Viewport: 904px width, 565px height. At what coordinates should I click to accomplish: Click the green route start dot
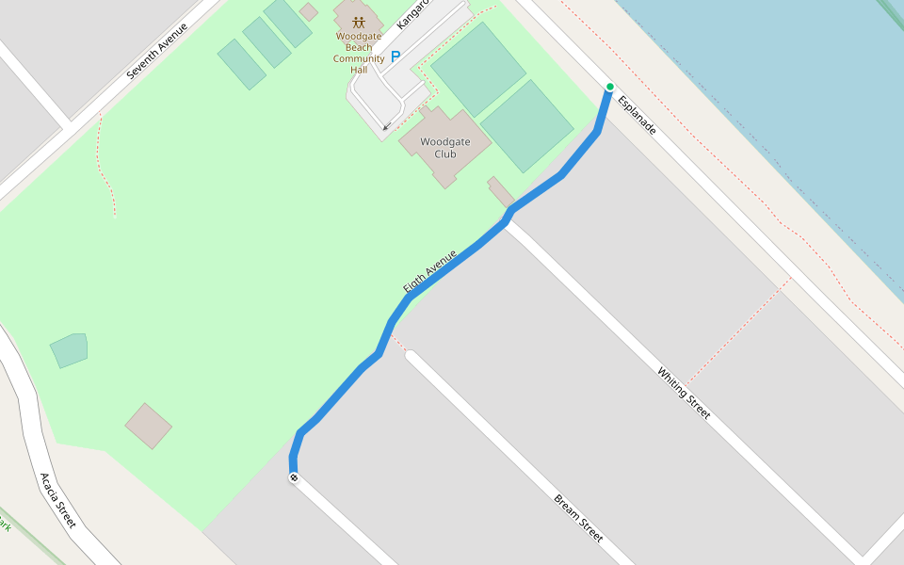click(x=609, y=87)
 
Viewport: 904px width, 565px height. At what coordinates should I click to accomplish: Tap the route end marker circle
click(x=294, y=478)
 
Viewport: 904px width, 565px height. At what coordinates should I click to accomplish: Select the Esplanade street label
click(x=637, y=113)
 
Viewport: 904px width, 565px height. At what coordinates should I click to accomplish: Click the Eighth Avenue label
click(x=429, y=271)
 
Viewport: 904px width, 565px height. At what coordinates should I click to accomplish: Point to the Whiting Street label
click(x=683, y=393)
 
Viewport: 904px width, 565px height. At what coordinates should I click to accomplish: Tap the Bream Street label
click(x=578, y=518)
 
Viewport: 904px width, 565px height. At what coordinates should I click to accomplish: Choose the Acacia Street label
click(x=57, y=500)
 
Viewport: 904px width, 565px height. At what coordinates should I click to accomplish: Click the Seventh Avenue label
click(x=157, y=50)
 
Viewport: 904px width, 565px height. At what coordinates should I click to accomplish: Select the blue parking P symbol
click(x=395, y=56)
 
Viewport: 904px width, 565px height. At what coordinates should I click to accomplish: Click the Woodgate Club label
click(x=445, y=148)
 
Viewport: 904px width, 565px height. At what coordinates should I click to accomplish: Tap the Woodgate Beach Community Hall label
click(x=359, y=53)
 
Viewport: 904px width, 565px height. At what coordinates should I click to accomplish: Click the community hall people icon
click(x=359, y=22)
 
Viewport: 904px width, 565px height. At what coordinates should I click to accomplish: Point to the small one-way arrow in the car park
click(x=386, y=126)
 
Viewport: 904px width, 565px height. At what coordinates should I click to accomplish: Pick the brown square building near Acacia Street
click(x=148, y=426)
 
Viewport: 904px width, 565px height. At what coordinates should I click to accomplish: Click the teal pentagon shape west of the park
click(x=69, y=349)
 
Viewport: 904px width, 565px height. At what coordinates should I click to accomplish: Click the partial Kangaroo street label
click(x=412, y=13)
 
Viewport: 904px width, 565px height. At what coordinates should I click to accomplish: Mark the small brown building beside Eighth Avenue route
click(x=500, y=190)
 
